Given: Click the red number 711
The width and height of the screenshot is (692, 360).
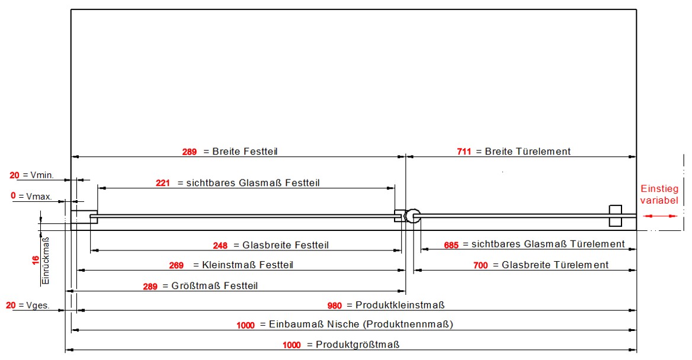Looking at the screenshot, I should [464, 152].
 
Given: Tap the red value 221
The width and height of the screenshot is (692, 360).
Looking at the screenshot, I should [163, 184].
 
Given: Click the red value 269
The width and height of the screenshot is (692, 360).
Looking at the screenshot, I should [177, 266].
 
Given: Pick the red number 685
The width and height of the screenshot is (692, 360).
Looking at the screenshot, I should [451, 245].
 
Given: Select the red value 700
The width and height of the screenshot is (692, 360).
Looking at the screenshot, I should [480, 266].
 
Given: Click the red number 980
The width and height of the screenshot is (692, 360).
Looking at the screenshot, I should [335, 306].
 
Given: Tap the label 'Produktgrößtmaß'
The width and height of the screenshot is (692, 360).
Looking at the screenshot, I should [357, 345].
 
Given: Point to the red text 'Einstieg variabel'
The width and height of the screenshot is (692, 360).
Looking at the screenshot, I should [659, 195].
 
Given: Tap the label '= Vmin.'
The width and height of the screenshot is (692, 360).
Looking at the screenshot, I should [38, 175].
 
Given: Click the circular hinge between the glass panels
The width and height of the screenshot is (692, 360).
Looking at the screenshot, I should [412, 216].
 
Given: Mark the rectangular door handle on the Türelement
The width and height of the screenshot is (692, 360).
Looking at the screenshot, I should [616, 216].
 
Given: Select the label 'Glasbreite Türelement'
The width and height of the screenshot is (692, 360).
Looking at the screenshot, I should [555, 265].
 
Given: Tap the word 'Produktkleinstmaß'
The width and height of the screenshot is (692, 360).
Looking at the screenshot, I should [400, 306].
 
